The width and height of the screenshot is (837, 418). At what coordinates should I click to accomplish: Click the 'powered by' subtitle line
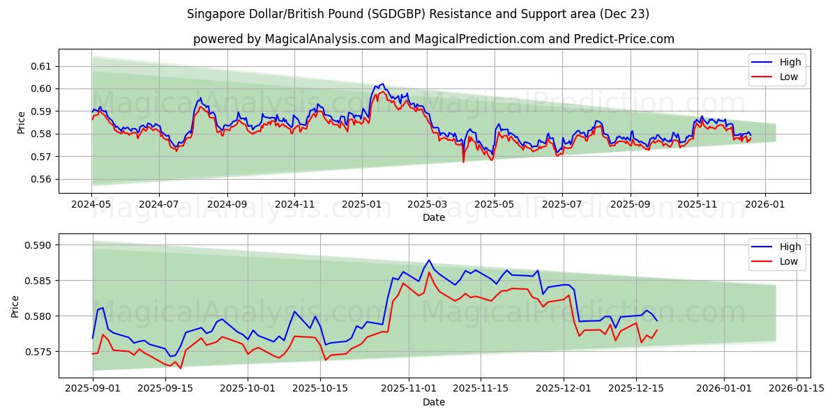[x=433, y=39]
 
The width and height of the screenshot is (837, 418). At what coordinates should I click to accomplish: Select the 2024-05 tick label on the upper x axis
[x=91, y=206]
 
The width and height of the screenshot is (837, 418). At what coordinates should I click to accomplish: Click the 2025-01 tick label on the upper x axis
[x=361, y=206]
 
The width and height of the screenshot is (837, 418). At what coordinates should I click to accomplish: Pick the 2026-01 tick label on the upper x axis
[x=765, y=206]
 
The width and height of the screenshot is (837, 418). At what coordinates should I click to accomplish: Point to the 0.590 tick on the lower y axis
[x=38, y=245]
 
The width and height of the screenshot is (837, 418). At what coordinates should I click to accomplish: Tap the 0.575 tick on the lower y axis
[x=38, y=352]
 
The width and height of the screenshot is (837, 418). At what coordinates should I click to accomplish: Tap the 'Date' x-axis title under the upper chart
[x=433, y=217]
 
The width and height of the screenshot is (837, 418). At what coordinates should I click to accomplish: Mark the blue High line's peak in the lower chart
[x=429, y=260]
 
